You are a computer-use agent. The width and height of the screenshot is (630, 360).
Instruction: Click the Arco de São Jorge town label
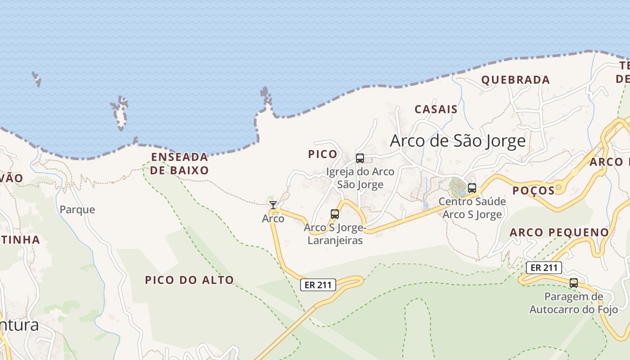pyautogui.click(x=458, y=141)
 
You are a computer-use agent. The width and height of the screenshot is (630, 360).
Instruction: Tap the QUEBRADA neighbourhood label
pyautogui.click(x=515, y=80)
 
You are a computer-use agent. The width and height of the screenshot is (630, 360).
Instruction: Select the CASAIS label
pyautogui.click(x=436, y=109)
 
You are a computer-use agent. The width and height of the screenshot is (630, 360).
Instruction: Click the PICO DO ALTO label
pyautogui.click(x=189, y=280)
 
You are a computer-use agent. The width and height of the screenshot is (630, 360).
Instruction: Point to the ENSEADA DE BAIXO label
pyautogui.click(x=180, y=163)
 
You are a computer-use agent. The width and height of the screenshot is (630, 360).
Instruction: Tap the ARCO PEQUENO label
pyautogui.click(x=559, y=233)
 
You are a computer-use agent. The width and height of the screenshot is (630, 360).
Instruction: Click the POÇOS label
pyautogui.click(x=533, y=190)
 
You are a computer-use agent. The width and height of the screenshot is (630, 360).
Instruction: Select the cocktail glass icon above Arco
pyautogui.click(x=273, y=205)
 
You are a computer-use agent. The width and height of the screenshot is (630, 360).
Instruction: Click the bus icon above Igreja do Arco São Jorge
pyautogui.click(x=360, y=158)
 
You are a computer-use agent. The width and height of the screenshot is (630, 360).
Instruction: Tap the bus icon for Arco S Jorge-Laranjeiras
pyautogui.click(x=335, y=214)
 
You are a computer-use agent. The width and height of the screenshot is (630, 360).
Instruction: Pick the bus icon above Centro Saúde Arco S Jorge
pyautogui.click(x=472, y=188)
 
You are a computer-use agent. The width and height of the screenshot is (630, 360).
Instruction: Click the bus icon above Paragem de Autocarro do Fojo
pyautogui.click(x=573, y=283)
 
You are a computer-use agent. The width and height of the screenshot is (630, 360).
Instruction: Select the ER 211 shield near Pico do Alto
pyautogui.click(x=318, y=284)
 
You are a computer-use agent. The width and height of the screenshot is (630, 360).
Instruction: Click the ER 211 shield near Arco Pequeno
pyautogui.click(x=544, y=268)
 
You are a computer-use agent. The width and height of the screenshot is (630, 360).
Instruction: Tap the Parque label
pyautogui.click(x=77, y=210)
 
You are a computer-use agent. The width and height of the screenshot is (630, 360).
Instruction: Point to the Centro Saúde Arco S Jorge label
pyautogui.click(x=472, y=208)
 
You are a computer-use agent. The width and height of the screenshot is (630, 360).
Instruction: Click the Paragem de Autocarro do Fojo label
pyautogui.click(x=573, y=303)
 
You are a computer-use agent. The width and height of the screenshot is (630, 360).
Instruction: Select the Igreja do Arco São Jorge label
pyautogui.click(x=360, y=178)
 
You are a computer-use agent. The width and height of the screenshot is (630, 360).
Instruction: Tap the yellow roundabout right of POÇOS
pyautogui.click(x=558, y=187)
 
